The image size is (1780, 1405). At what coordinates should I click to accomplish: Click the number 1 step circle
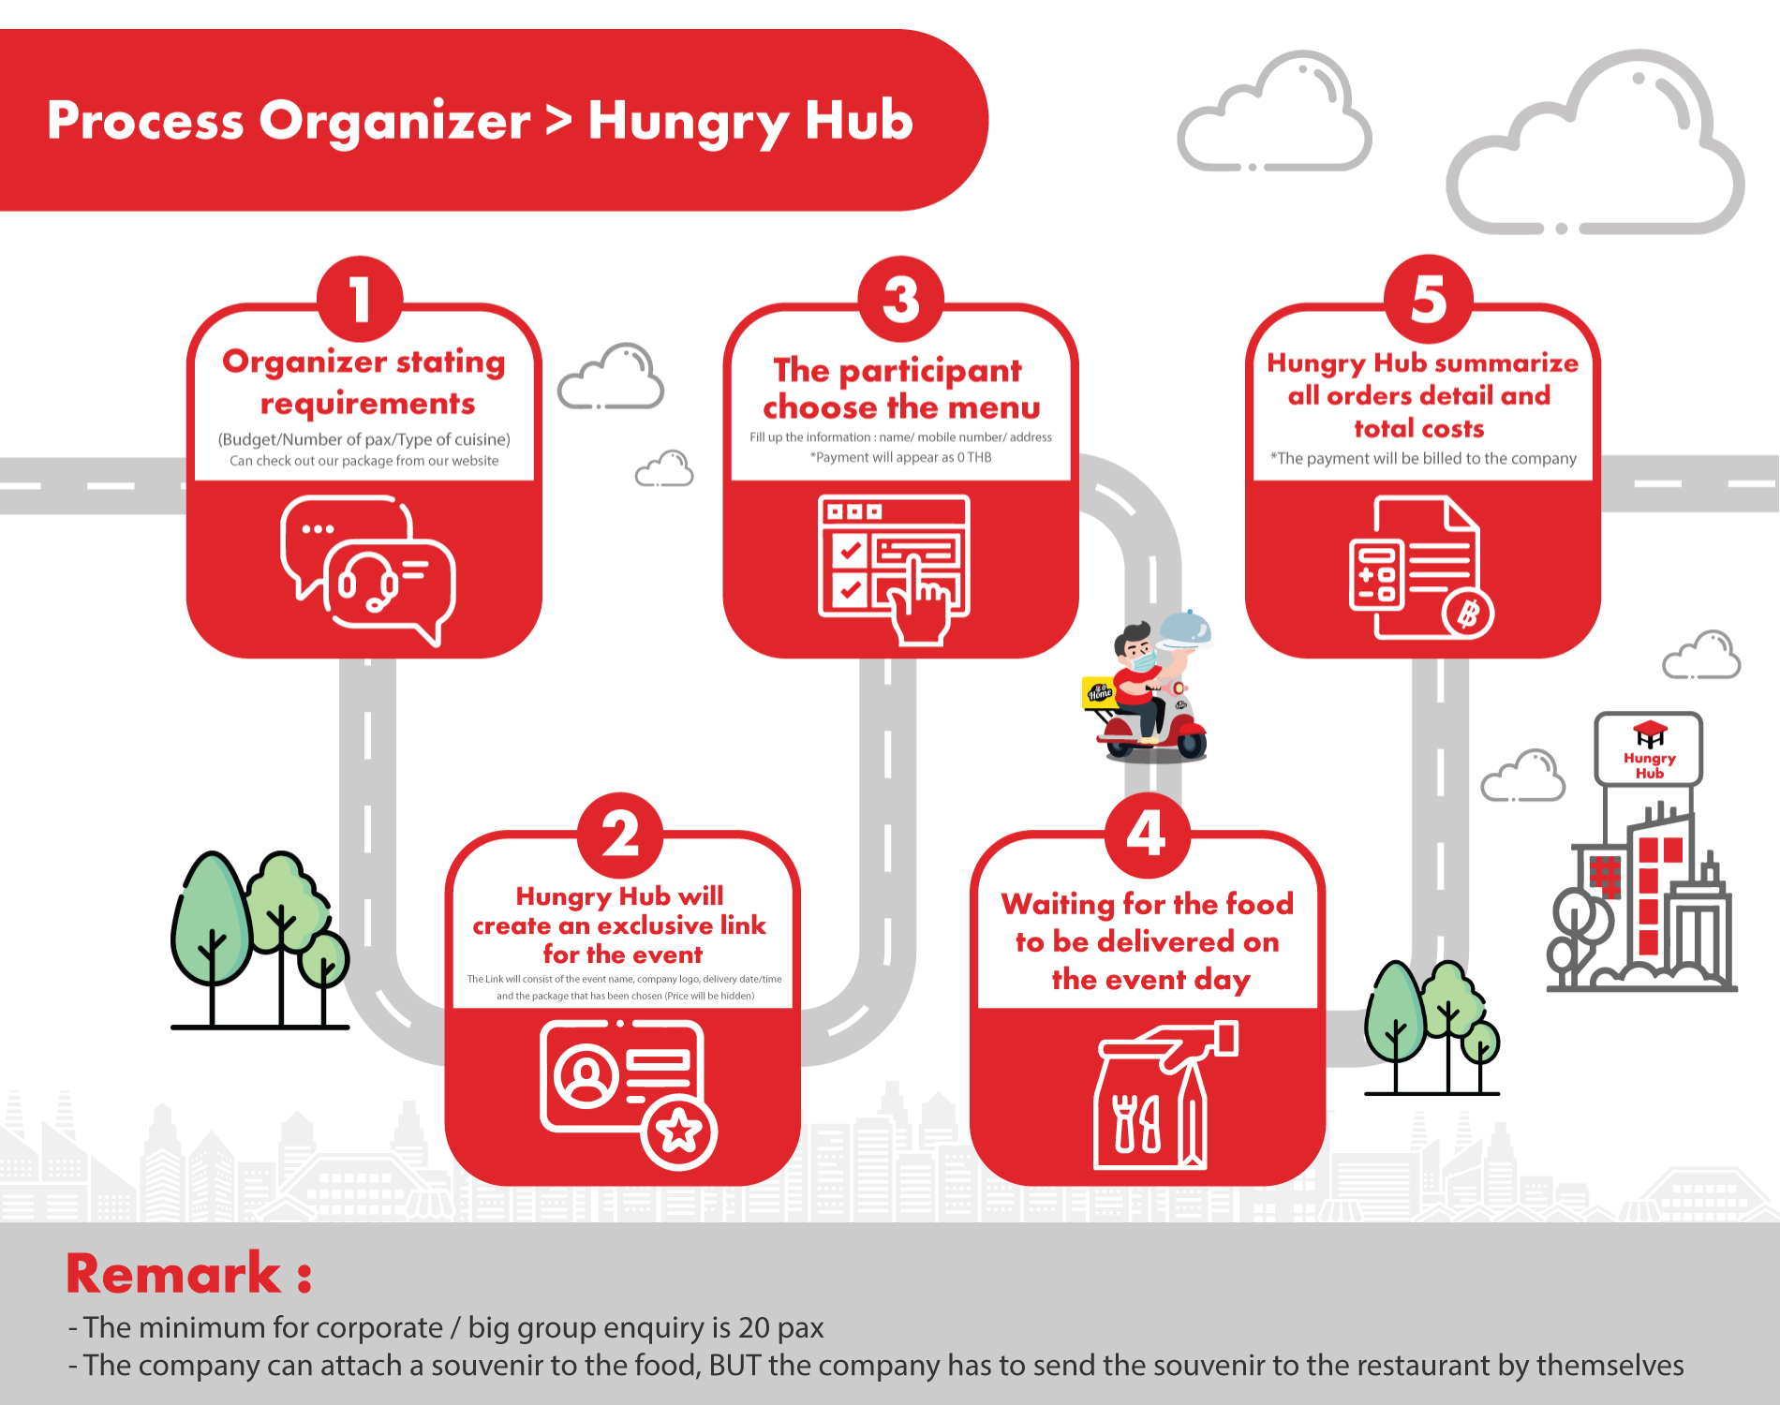coord(361,299)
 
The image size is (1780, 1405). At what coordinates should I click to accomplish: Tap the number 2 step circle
coord(620,835)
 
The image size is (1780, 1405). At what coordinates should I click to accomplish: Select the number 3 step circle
coord(901,299)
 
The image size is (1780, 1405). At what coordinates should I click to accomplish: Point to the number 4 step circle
coord(1147,835)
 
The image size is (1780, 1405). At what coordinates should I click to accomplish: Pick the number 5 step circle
coord(1429,299)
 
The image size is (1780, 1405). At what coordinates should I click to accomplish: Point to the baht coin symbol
coord(1468,614)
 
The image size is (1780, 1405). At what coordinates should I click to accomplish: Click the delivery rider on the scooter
coord(1149,688)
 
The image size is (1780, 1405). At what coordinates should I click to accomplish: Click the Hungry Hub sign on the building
coord(1649,749)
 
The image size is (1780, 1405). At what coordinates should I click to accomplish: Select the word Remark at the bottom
coord(173,1273)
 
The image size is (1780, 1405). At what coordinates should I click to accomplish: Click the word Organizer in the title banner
coord(394,122)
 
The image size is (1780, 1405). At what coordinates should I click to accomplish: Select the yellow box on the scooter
coord(1099,692)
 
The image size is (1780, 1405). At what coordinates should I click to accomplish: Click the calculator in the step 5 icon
coord(1376,574)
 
